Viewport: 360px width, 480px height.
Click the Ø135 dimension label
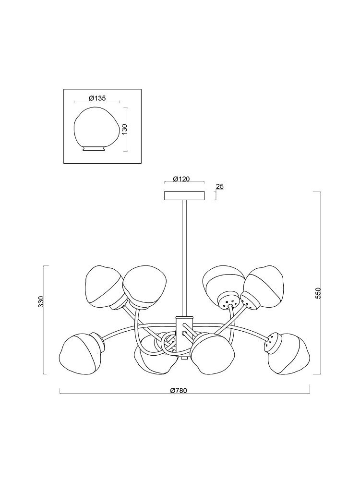97,98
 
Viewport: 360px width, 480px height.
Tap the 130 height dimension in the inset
124,129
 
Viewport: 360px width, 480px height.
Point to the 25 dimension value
219,186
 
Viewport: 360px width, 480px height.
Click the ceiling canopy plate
184,196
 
